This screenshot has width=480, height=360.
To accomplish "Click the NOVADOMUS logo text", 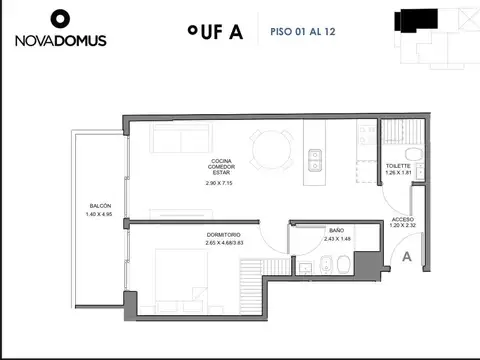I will coord(61,41).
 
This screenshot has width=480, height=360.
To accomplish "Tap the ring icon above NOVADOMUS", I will coord(60,18).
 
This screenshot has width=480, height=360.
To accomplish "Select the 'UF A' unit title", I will coord(214,31).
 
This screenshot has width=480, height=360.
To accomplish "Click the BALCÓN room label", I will coord(99,206).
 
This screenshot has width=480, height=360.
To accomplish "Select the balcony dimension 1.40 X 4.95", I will coord(99,215).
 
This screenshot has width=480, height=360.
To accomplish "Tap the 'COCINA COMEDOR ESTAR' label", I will coord(219,168).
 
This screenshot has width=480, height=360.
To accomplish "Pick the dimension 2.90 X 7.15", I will coord(219,184).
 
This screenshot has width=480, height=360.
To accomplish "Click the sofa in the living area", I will coord(180,139).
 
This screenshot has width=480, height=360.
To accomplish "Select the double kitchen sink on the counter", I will coord(316,157).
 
